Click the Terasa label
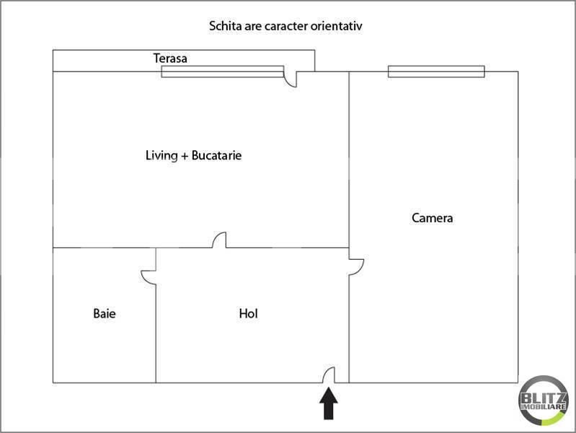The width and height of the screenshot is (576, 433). pos(170,58)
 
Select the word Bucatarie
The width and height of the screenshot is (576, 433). pos(216,155)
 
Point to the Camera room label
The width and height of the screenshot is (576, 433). pos(432,218)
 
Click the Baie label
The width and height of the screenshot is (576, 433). pos(105,313)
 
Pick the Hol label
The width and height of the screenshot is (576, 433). pos(248,313)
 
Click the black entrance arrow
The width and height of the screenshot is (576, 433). pos(329,404)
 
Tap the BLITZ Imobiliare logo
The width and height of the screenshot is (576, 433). pos(544,401)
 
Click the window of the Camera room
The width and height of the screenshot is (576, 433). pos(436,71)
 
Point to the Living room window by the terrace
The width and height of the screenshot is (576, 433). pos(223,71)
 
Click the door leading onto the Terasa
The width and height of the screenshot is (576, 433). pos(291,79)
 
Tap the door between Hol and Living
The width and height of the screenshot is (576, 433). pos(219,240)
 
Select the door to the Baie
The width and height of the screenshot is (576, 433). pos(149,277)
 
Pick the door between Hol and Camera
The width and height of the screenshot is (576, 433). pos(356,267)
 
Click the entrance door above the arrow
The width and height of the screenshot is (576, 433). pos(329,375)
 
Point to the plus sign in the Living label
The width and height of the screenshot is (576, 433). pos(185,157)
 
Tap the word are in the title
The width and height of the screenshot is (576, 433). pos(253,27)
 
